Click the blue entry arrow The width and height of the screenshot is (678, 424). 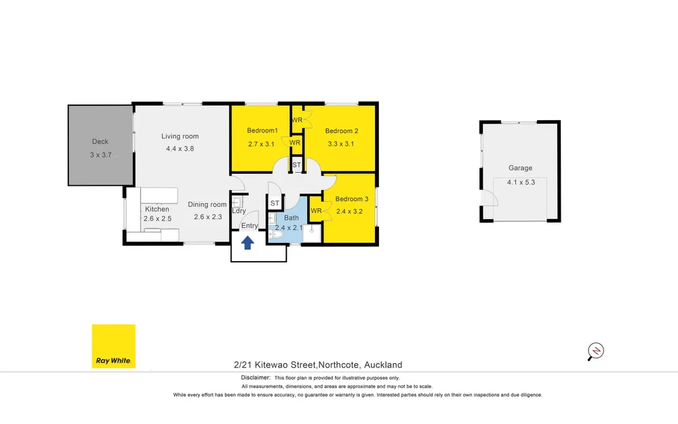247,243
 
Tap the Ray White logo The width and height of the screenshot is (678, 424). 114,346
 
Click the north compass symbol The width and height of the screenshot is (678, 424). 595,351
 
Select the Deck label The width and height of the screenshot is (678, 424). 100,142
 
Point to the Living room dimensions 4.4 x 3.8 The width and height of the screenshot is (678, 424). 180,149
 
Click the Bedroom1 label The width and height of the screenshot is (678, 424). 262,130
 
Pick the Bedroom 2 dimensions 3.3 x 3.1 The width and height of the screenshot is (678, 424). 341,144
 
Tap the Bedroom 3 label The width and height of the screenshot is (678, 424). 352,199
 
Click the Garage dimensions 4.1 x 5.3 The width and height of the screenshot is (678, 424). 521,182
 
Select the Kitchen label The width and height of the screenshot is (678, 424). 157,209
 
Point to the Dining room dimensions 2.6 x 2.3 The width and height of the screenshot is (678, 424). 208,217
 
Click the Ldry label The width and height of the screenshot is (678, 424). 239,211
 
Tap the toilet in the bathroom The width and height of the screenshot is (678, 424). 275,235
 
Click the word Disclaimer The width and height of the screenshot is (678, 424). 256,378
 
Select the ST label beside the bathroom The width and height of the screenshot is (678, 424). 275,203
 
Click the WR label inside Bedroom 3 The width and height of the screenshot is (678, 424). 316,211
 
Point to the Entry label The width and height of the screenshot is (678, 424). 250,225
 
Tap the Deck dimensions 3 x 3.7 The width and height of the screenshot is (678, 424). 101,155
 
